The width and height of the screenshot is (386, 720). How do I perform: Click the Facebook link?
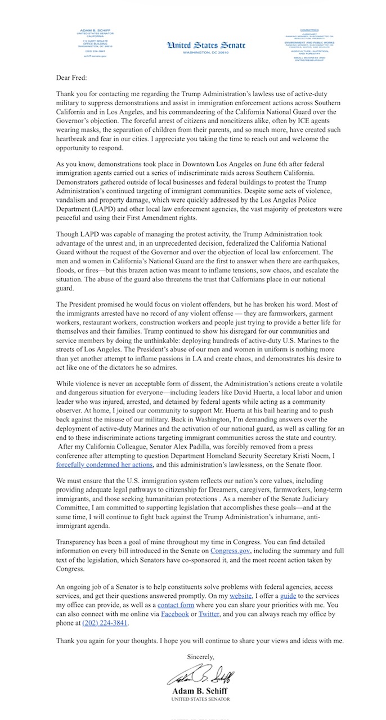(174, 614)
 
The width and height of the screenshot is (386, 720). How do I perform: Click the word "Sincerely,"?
(201, 656)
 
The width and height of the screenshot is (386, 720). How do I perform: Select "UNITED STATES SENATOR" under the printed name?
(201, 699)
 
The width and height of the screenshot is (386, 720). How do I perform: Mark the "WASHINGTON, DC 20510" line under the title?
(192, 52)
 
